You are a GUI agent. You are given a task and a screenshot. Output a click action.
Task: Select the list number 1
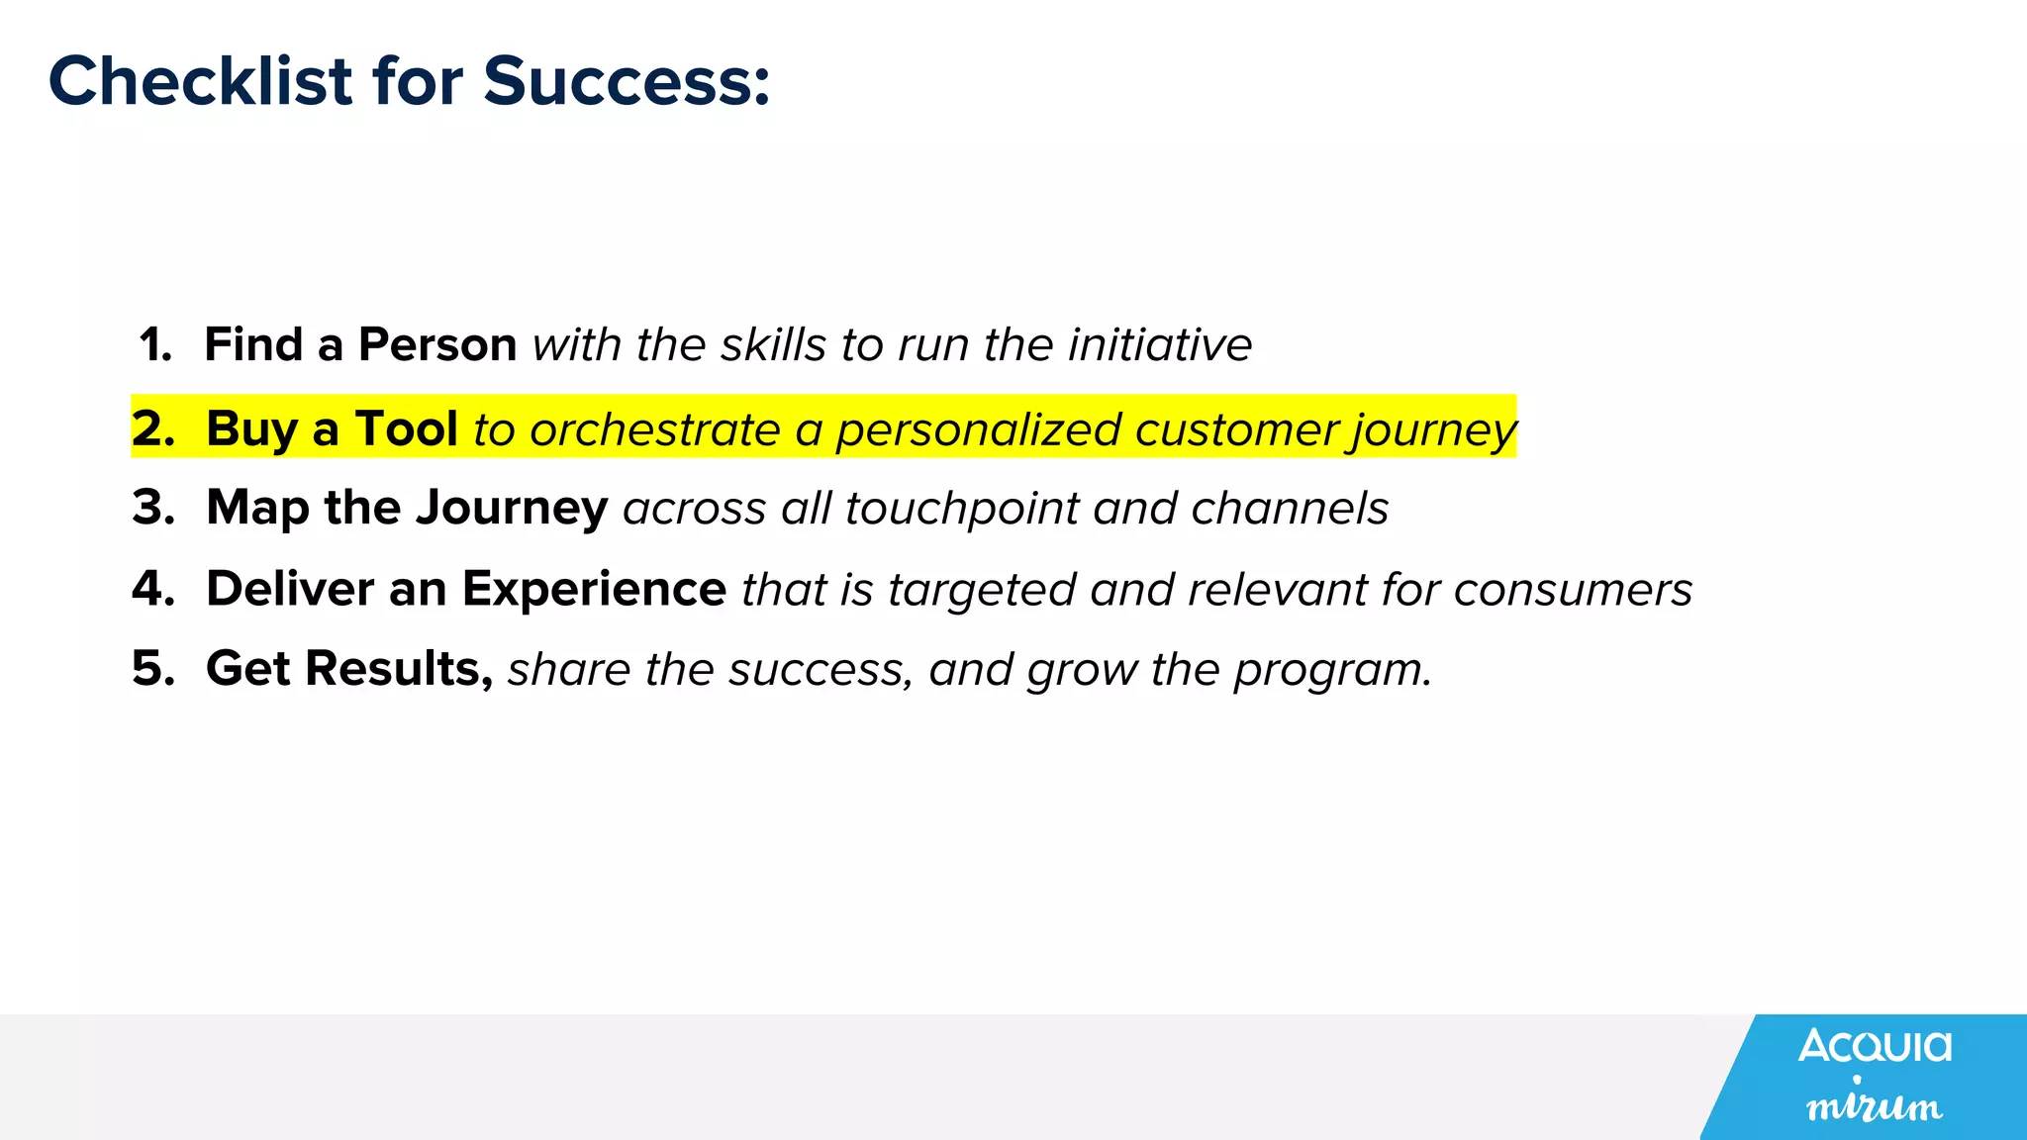[155, 345]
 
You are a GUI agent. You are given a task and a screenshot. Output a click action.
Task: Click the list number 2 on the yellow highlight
[153, 429]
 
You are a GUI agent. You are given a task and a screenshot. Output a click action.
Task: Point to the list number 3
[153, 508]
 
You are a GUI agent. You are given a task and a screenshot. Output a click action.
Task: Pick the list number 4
[153, 589]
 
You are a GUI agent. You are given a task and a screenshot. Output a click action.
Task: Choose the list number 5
[153, 669]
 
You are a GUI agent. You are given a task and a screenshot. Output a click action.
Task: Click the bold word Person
[436, 345]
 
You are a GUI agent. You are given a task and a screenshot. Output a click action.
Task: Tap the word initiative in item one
[1160, 345]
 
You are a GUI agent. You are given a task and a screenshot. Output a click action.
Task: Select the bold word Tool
[406, 429]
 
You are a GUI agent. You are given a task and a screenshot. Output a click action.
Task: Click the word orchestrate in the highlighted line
[654, 430]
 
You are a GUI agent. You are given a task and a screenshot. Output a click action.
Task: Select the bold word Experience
[594, 589]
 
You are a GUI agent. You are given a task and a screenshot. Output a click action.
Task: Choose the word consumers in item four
[1573, 591]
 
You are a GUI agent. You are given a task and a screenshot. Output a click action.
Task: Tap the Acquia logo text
[1875, 1046]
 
